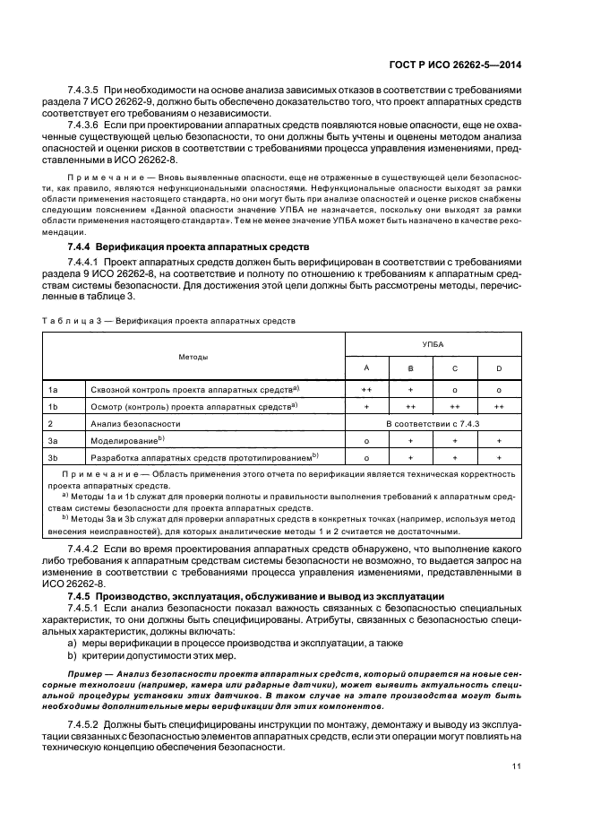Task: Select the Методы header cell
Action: [x=193, y=357]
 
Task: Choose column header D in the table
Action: [x=498, y=368]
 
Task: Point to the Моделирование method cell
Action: [x=127, y=440]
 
